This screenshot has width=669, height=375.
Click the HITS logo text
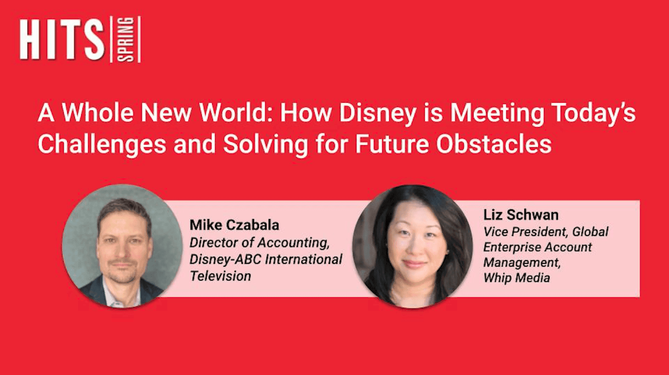click(x=62, y=40)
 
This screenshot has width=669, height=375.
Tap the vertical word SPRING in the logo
click(x=126, y=39)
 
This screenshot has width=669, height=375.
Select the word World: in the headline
click(x=233, y=113)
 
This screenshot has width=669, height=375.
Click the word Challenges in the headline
click(x=102, y=144)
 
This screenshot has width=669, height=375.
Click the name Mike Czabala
click(x=234, y=225)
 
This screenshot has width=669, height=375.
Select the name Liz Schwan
click(x=520, y=215)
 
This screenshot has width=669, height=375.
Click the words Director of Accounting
click(x=259, y=242)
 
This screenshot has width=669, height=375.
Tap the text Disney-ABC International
click(x=266, y=259)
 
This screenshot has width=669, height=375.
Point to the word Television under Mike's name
click(x=220, y=276)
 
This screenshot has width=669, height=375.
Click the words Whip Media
click(x=516, y=278)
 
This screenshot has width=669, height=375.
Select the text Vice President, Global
click(x=546, y=232)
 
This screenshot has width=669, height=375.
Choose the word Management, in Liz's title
click(x=522, y=263)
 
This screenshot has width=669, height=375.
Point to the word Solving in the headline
click(x=265, y=144)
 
